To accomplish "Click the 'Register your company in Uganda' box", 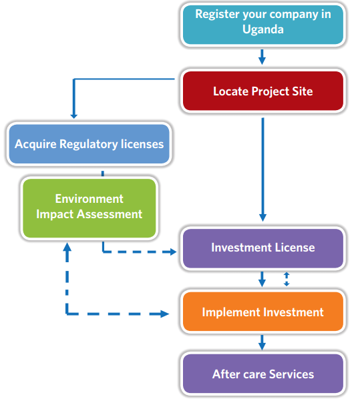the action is (x=263, y=25).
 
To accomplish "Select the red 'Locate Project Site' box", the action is (x=263, y=91).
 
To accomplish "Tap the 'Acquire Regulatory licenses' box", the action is (x=89, y=143).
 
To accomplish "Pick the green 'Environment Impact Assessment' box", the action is (x=89, y=208).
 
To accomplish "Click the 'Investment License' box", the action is (x=263, y=248).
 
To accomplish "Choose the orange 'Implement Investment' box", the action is (x=263, y=312).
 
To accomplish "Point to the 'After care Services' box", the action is (x=263, y=374).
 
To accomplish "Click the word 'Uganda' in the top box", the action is (x=263, y=29).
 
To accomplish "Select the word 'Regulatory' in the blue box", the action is (x=89, y=145).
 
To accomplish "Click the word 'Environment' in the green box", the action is (x=89, y=199).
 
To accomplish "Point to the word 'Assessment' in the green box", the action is (x=110, y=214).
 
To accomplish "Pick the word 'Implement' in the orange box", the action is (x=231, y=312).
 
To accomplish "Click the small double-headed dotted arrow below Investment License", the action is (x=287, y=279).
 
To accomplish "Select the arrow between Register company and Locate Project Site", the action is (x=262, y=57).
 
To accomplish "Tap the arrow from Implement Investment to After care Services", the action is (x=262, y=342).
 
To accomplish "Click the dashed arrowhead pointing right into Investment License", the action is (x=173, y=252).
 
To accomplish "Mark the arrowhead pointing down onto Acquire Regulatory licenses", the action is (x=74, y=116).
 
